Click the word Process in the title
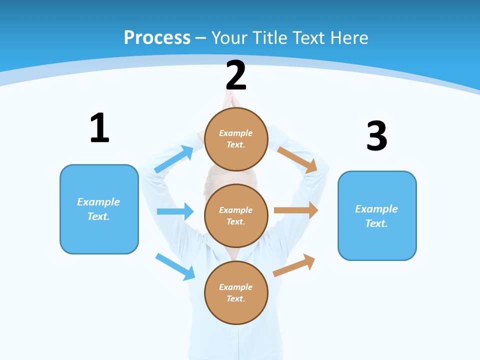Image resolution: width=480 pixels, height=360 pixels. coord(157,38)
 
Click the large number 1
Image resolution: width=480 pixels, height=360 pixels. coord(99,128)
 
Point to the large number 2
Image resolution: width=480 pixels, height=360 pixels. coord(236,75)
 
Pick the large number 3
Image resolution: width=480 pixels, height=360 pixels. coord(376,136)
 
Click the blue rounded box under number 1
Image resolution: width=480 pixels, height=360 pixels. coord(99,209)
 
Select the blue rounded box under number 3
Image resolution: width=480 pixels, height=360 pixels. coord(377,215)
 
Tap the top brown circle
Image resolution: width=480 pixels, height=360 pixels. coord(236,139)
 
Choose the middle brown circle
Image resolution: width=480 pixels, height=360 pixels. coord(236,215)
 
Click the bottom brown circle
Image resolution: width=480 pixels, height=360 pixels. coord(236,292)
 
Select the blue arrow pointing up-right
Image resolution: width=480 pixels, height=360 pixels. coord(174,159)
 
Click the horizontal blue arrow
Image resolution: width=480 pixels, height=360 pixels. coord(175,211)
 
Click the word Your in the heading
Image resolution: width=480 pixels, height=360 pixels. coord(229,38)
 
